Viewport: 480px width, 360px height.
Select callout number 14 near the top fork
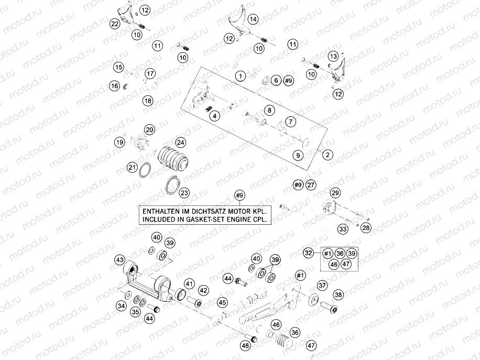(x=253, y=19)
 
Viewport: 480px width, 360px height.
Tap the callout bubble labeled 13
(x=333, y=56)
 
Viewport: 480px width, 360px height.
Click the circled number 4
(x=215, y=116)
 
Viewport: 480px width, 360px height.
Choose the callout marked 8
(x=269, y=111)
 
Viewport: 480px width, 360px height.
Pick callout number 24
(x=180, y=143)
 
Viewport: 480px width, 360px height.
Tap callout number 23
(x=184, y=193)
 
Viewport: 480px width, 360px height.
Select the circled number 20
(x=150, y=129)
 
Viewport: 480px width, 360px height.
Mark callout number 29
(x=335, y=192)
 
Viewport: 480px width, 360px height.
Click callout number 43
(x=120, y=260)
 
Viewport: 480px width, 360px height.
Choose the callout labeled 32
(x=309, y=253)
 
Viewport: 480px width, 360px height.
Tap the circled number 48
(x=245, y=346)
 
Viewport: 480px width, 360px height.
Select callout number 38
(x=339, y=295)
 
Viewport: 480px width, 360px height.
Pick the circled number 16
(x=115, y=85)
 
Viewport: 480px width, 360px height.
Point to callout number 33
(x=342, y=229)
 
